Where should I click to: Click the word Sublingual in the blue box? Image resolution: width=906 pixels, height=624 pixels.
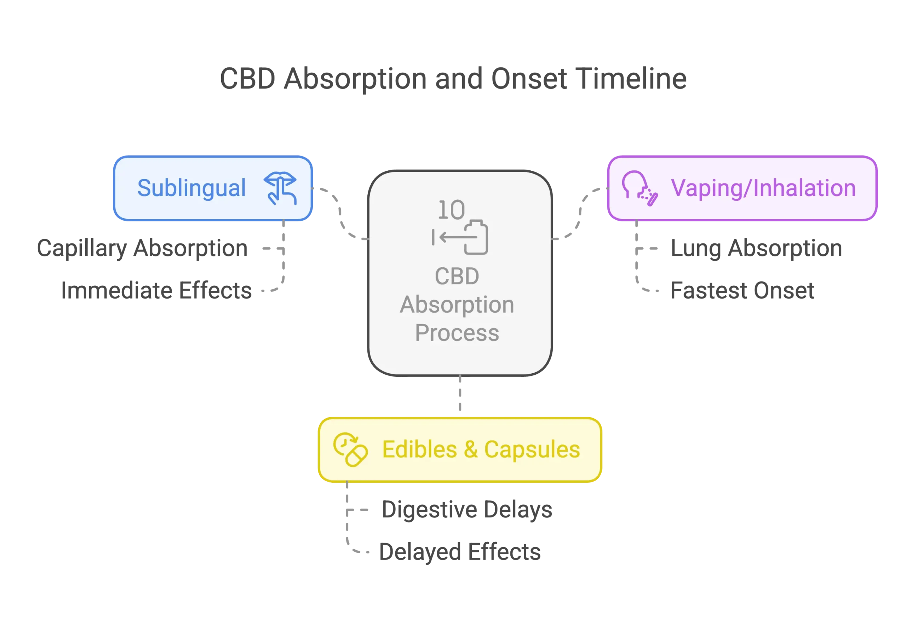191,188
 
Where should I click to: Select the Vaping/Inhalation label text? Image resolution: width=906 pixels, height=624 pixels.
763,188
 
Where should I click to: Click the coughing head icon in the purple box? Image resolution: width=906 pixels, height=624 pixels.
639,188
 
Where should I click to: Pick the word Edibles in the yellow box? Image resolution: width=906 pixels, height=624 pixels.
419,449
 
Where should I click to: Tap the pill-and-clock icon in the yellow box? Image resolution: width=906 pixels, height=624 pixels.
350,449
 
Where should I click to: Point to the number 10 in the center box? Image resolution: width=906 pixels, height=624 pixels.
451,210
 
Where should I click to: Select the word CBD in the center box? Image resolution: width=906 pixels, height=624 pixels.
457,277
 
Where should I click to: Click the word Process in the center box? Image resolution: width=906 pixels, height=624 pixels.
457,333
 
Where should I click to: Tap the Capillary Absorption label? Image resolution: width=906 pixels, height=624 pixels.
143,249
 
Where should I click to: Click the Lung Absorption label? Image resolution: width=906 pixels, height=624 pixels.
757,249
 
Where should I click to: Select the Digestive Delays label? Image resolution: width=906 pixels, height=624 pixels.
467,510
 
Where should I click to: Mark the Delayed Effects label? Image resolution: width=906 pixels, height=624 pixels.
460,552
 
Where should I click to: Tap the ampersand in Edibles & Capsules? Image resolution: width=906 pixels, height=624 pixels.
471,449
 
